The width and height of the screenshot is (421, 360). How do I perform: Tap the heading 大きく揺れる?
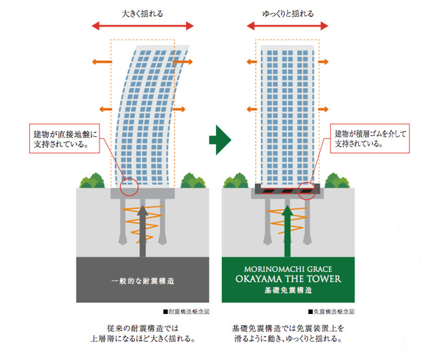[x=141, y=13]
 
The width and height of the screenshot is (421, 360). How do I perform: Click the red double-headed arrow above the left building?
[x=142, y=27]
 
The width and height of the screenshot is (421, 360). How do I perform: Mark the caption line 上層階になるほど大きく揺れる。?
[x=142, y=339]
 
